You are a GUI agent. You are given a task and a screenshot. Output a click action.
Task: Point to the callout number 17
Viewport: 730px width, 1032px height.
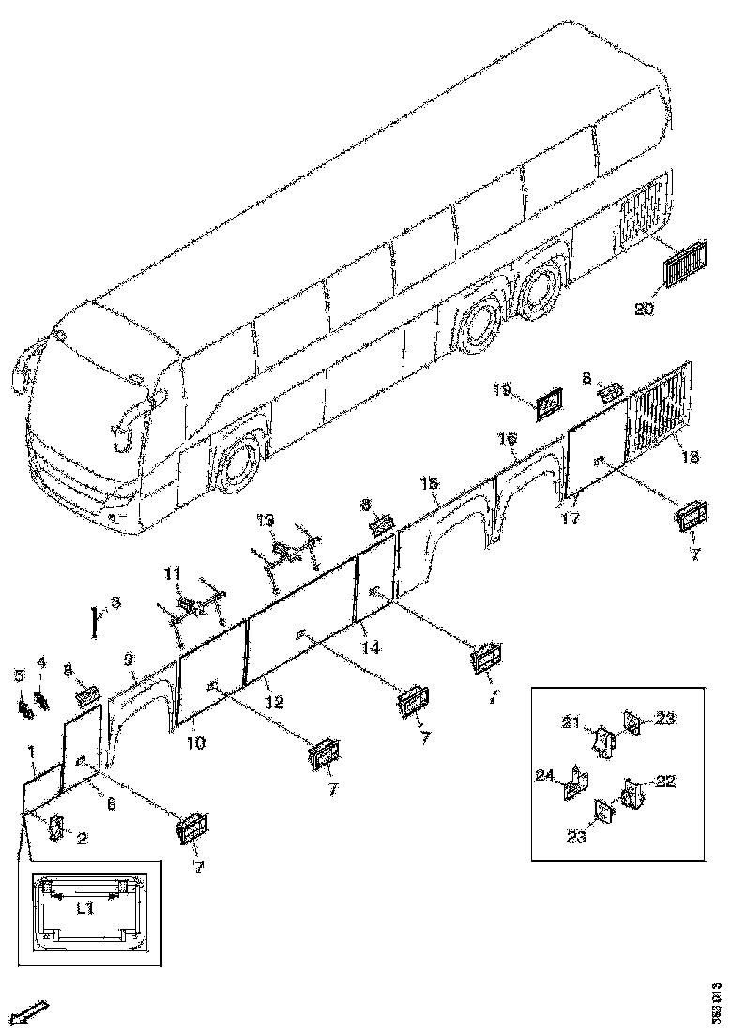click(570, 517)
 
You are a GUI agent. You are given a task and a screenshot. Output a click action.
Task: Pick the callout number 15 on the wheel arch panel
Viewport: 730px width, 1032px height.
click(428, 483)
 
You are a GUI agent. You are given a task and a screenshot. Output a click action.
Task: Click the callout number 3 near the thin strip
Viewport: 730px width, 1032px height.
click(115, 603)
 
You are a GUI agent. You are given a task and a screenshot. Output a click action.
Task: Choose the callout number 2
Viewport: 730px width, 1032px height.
click(82, 838)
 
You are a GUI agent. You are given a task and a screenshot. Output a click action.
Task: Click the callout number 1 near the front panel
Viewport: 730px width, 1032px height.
click(32, 751)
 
